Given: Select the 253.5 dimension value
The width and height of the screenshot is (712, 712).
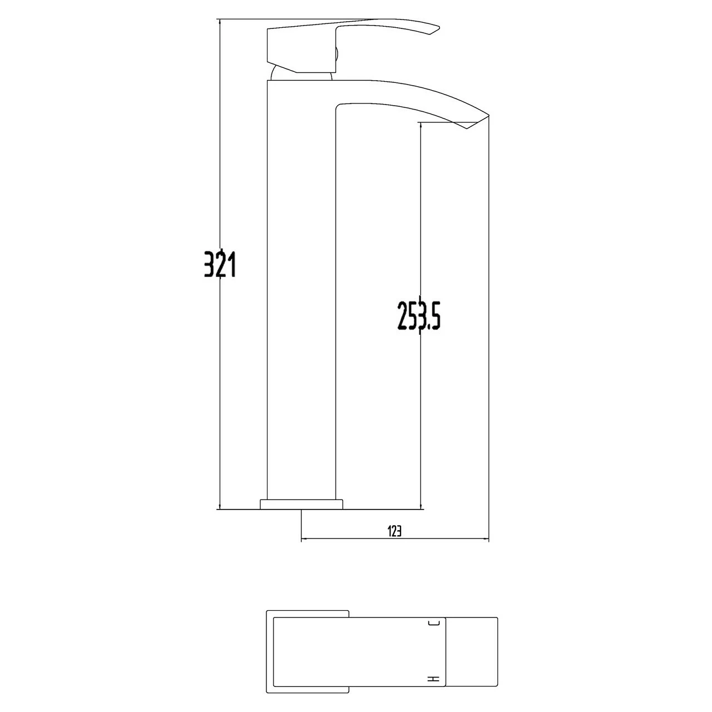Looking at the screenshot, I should [x=419, y=316].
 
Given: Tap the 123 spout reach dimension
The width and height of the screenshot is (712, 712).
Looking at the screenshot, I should [x=394, y=531].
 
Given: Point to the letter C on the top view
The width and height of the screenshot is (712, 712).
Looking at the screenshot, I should [x=434, y=624].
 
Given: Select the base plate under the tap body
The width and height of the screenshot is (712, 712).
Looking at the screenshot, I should [x=301, y=504].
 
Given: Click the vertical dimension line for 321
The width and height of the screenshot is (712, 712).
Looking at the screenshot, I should [x=220, y=389].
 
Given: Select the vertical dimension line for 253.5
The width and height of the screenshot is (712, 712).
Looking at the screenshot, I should [x=421, y=417].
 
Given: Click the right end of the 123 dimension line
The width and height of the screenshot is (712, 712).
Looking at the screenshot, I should [x=488, y=539].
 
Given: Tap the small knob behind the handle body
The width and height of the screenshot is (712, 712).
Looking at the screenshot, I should [x=336, y=56].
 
